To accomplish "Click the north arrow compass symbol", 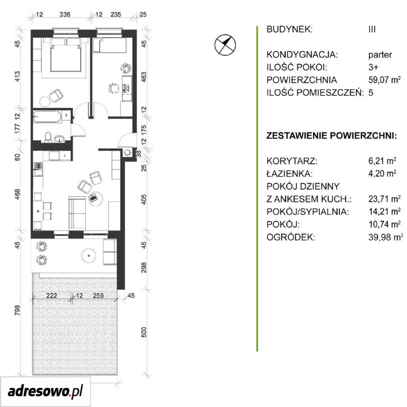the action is click(225, 45).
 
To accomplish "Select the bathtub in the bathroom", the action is click(48, 117).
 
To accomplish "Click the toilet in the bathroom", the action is click(48, 137).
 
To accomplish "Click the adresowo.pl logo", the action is click(45, 391).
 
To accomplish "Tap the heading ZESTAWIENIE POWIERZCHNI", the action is click(332, 136).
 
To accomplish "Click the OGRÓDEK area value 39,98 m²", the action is click(385, 237).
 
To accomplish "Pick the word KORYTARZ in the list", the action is click(292, 161).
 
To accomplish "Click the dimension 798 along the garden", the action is click(17, 310).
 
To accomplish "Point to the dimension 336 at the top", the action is click(64, 14).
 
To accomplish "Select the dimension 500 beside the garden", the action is click(144, 332).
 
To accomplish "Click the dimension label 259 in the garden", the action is click(98, 295).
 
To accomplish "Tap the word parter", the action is click(380, 55).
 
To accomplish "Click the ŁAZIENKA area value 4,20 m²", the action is click(382, 173).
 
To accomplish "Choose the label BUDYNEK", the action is click(290, 29).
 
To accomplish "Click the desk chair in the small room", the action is click(113, 88).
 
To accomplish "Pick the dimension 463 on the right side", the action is click(144, 77).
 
